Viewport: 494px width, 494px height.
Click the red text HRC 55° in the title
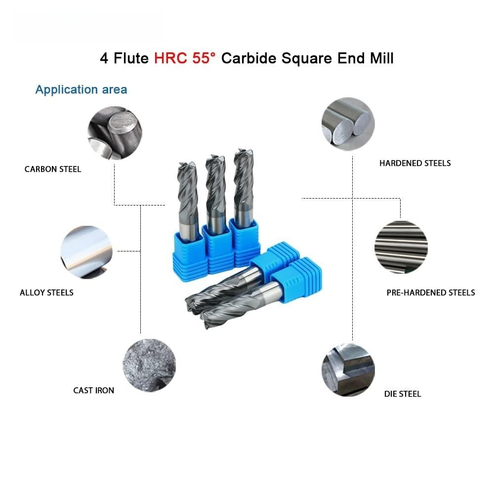tap(185, 58)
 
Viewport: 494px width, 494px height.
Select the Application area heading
tap(82, 89)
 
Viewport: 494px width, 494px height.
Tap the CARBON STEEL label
tap(53, 169)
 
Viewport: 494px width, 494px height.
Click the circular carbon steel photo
tap(115, 133)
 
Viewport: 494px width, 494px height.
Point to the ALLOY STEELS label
tap(46, 292)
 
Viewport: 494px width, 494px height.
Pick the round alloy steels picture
tap(86, 252)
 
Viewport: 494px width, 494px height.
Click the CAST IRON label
tap(93, 390)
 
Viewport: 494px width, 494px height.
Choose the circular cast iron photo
tap(149, 366)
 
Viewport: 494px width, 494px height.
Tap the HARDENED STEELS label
tap(415, 163)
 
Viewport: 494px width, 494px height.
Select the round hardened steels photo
tap(348, 124)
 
